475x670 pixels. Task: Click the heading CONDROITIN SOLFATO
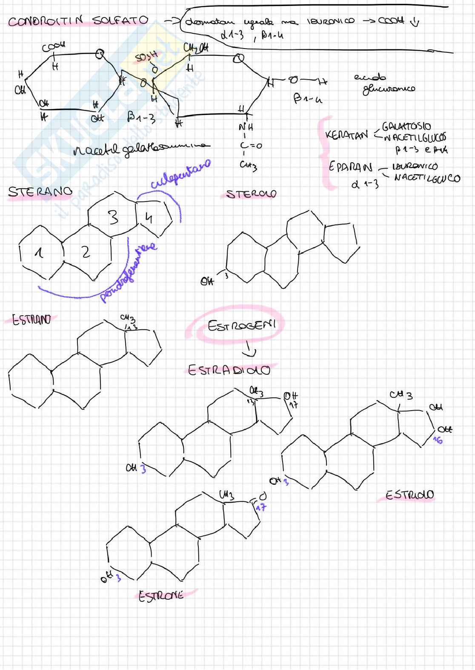78,20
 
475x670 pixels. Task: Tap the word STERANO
40,192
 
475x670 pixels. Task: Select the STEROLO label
251,194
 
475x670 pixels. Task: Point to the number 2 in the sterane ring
86,252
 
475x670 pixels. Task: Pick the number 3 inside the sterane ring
113,218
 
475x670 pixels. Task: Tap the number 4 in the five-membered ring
149,218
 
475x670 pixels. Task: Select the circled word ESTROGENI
241,327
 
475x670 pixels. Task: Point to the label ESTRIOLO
409,495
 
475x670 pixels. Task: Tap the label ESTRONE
161,596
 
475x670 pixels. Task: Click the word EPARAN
350,167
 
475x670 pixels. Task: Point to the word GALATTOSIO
406,127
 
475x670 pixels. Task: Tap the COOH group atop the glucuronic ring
54,48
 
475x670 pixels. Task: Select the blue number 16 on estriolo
437,440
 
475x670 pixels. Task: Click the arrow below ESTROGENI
250,350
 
